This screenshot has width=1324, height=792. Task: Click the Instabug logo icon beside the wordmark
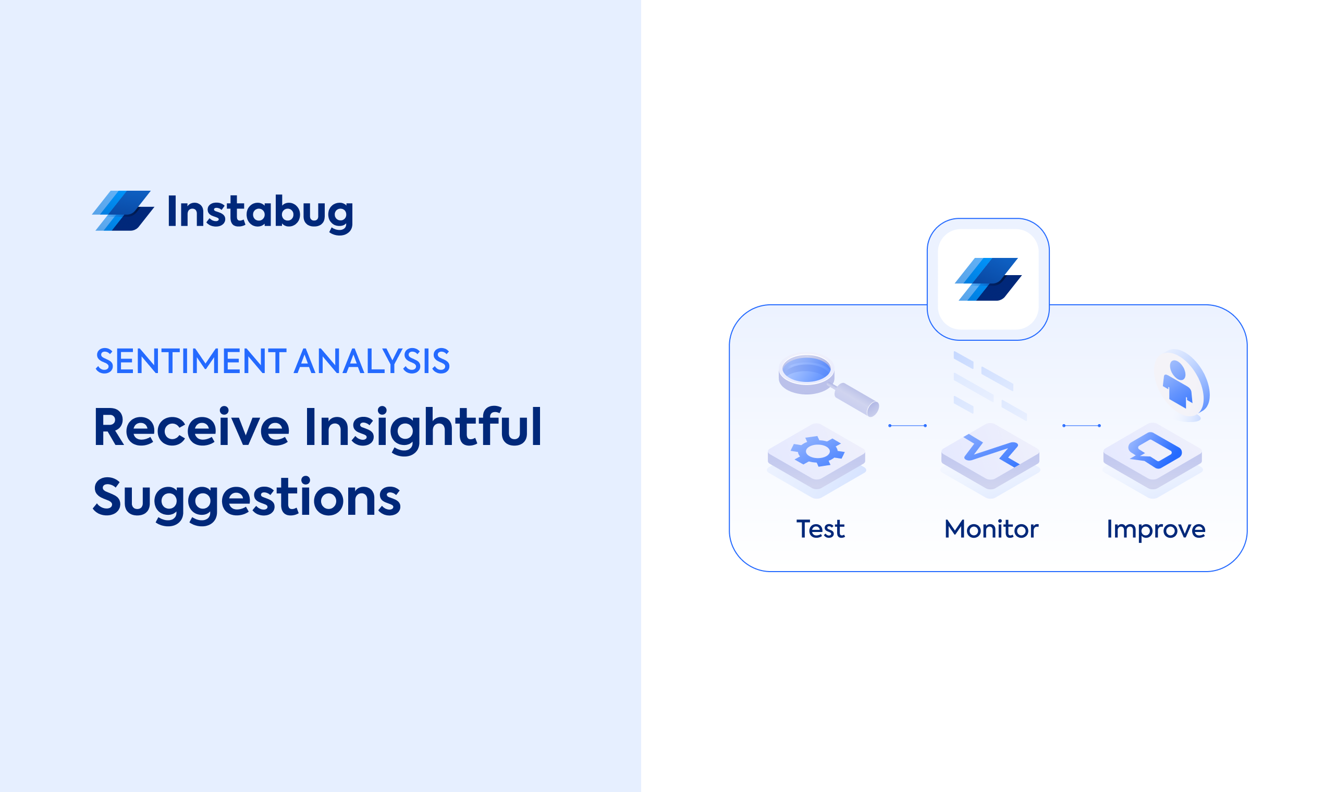point(124,211)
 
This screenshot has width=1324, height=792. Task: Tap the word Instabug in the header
point(261,214)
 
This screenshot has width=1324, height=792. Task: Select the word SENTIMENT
point(191,361)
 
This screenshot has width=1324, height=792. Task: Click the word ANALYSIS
point(372,361)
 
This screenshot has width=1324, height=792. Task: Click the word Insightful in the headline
point(423,430)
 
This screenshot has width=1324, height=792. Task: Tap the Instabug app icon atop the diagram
point(988,279)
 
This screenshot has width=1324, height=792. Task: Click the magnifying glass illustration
point(828,385)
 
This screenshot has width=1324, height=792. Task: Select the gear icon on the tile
point(817,451)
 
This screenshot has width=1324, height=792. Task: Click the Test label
point(820,529)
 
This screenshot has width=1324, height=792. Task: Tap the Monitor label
point(991,529)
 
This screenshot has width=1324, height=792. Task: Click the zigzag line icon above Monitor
point(991,451)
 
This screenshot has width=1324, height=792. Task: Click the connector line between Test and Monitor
point(908,426)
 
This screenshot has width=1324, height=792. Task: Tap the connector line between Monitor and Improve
point(1082,426)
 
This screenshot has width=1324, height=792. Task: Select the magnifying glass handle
point(856,400)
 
